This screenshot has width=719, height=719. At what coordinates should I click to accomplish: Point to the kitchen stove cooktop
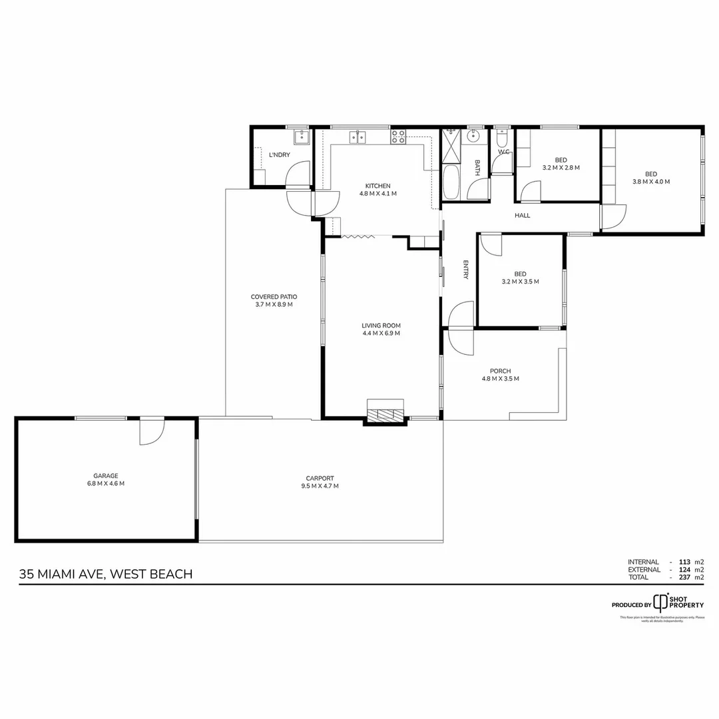pyautogui.click(x=398, y=137)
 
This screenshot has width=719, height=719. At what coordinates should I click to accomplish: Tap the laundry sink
pyautogui.click(x=301, y=138)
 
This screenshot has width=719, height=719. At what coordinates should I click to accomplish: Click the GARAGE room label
pyautogui.click(x=106, y=475)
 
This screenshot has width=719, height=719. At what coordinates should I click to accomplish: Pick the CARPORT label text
pyautogui.click(x=320, y=478)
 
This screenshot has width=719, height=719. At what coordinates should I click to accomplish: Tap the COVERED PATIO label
pyautogui.click(x=274, y=297)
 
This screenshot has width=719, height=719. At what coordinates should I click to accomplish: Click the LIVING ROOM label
pyautogui.click(x=381, y=326)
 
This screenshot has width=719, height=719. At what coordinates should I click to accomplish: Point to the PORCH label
pyautogui.click(x=500, y=371)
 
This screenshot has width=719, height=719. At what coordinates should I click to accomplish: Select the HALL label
pyautogui.click(x=522, y=215)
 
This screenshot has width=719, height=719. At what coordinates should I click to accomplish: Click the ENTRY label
pyautogui.click(x=466, y=270)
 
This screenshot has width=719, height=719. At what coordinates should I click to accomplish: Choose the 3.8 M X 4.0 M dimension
pyautogui.click(x=650, y=181)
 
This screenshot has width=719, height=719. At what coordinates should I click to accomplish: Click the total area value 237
pyautogui.click(x=683, y=577)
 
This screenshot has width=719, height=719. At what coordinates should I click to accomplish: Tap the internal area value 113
pyautogui.click(x=683, y=562)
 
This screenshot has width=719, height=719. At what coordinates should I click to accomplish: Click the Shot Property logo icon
pyautogui.click(x=660, y=602)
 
